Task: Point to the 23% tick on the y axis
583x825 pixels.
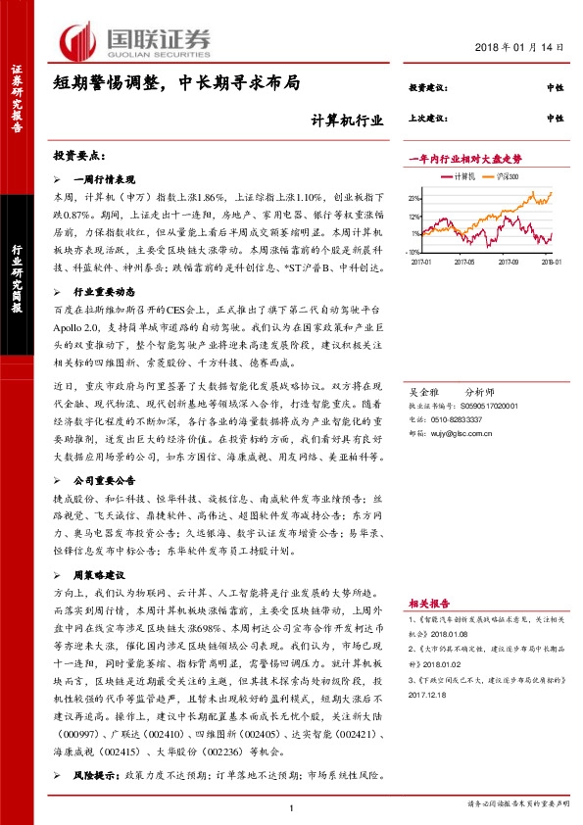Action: [x=415, y=198]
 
